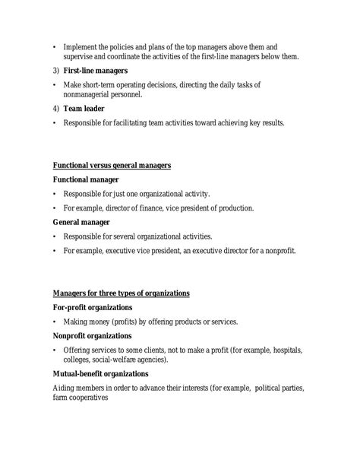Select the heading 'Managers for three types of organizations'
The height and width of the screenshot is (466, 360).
pyautogui.click(x=121, y=293)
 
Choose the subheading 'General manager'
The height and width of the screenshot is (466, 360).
pyautogui.click(x=81, y=222)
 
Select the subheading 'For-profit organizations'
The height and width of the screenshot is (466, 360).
pyautogui.click(x=93, y=307)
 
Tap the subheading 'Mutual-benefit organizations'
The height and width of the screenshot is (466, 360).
pyautogui.click(x=100, y=374)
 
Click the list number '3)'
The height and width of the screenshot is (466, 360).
pyautogui.click(x=55, y=70)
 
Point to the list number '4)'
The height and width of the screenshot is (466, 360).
pyautogui.click(x=55, y=109)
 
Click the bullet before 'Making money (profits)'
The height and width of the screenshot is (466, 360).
pyautogui.click(x=55, y=322)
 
